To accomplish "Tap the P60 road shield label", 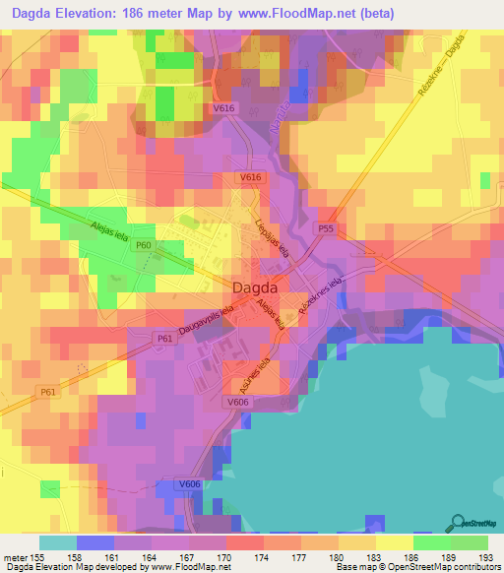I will point(144,245).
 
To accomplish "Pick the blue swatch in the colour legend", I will point(95,542).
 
